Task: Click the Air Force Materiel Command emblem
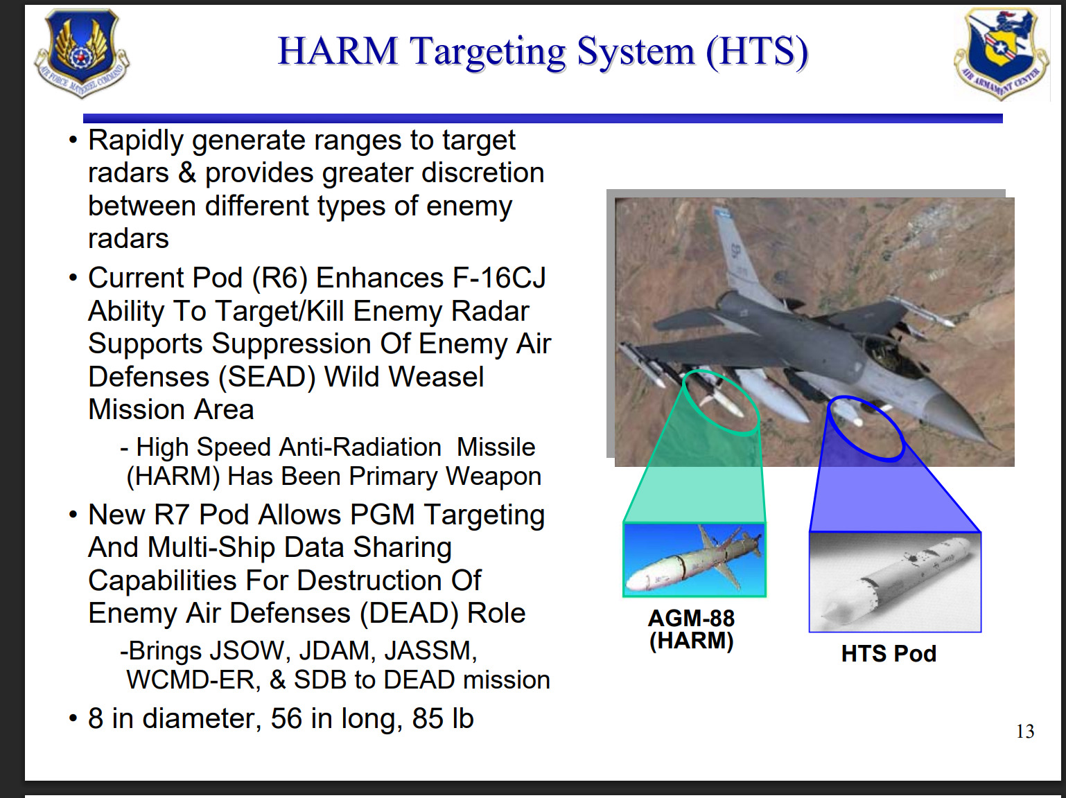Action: click(82, 53)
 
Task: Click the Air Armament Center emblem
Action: click(1001, 53)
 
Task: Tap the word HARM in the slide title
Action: click(338, 51)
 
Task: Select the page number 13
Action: click(1024, 731)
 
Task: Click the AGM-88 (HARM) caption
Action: click(692, 630)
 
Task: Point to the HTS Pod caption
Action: click(889, 653)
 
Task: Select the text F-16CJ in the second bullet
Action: click(499, 278)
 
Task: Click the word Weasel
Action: click(404, 377)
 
